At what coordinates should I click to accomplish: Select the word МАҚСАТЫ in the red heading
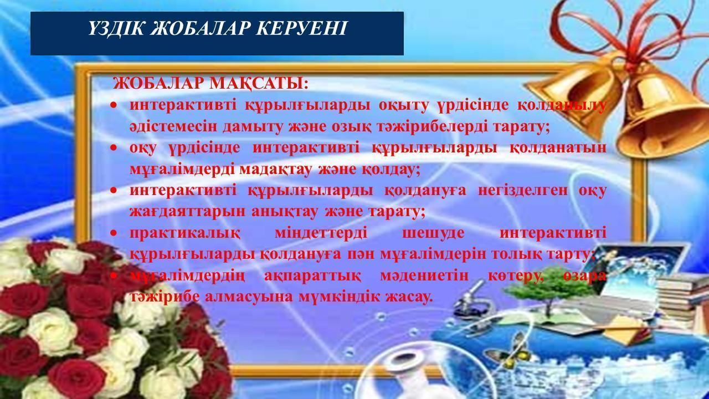(x=259, y=84)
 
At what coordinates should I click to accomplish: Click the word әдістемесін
(x=173, y=126)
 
